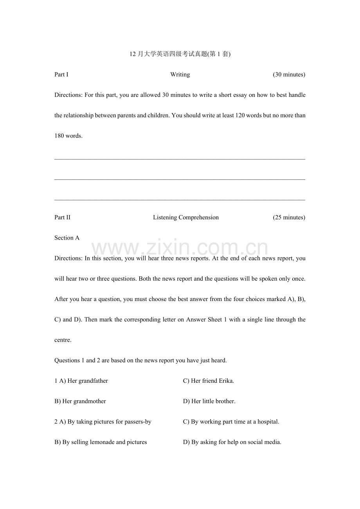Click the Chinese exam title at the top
tap(180, 54)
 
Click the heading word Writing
tap(180, 75)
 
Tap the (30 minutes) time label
tap(289, 75)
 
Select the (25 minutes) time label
tap(289, 217)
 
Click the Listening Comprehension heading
tap(186, 217)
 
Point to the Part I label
tap(61, 75)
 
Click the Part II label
tap(62, 217)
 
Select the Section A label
tap(67, 238)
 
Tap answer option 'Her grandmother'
tap(84, 401)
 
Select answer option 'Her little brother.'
tap(213, 401)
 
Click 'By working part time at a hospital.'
tap(235, 422)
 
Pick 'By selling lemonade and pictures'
tap(104, 442)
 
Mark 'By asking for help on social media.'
tap(236, 442)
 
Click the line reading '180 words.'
tap(68, 136)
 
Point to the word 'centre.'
tap(63, 340)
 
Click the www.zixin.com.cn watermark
tap(180, 248)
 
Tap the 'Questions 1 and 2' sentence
tap(140, 360)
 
